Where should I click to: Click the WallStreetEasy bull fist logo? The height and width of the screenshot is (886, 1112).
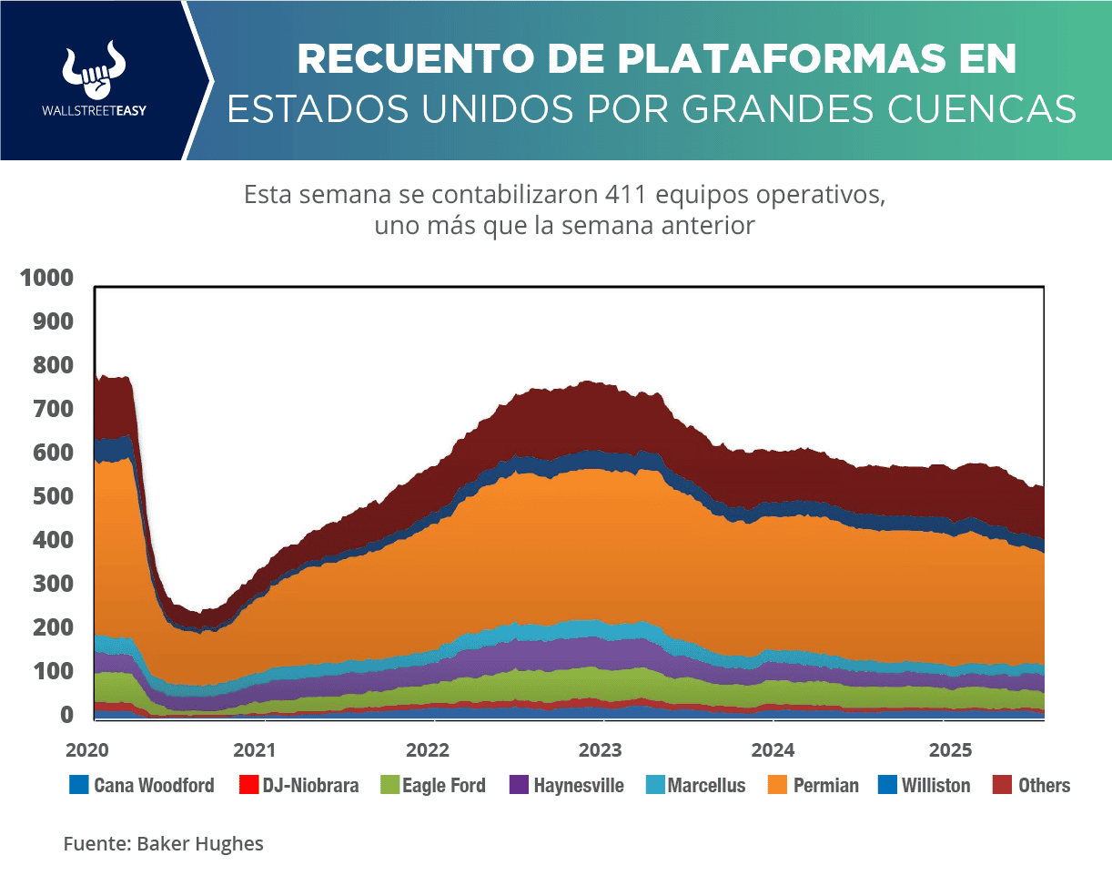coord(94,70)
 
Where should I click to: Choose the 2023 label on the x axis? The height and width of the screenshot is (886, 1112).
coord(601,751)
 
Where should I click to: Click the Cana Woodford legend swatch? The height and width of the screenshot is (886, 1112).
coord(78,785)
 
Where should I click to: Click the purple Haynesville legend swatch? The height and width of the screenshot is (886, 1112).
coord(519,785)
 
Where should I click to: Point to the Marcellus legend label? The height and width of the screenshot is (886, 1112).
coord(706,785)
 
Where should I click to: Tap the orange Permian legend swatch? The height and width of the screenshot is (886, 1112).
coord(778,785)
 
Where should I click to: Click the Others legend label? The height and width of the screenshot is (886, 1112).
coord(1044,785)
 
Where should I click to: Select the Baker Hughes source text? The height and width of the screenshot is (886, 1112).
coord(200,844)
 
